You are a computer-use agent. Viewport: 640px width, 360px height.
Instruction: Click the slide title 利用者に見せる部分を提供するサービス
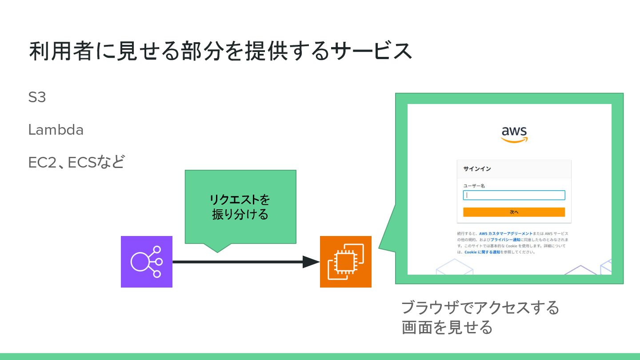(220, 52)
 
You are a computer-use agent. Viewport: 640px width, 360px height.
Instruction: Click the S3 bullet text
(37, 97)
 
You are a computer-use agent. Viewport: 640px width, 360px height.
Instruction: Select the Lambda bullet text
(56, 130)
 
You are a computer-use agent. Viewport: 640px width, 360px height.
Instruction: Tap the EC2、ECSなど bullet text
(76, 163)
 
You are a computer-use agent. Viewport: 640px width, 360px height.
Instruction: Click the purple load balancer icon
(146, 262)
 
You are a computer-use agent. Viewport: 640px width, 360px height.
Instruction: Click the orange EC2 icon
(345, 262)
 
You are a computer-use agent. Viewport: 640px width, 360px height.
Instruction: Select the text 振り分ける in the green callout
(240, 214)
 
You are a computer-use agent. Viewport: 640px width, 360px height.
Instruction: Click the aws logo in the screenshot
(514, 134)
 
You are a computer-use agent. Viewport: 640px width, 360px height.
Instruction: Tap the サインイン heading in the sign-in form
(477, 169)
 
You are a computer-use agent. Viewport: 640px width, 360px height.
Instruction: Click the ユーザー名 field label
(474, 186)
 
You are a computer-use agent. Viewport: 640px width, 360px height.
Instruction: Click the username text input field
(514, 195)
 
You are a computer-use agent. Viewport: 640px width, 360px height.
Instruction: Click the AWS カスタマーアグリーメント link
(506, 233)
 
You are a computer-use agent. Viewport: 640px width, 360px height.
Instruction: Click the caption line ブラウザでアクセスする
(480, 308)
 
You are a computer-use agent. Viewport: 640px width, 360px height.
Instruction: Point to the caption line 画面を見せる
(447, 328)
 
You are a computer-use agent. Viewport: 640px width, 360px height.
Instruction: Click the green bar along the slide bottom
(320, 356)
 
